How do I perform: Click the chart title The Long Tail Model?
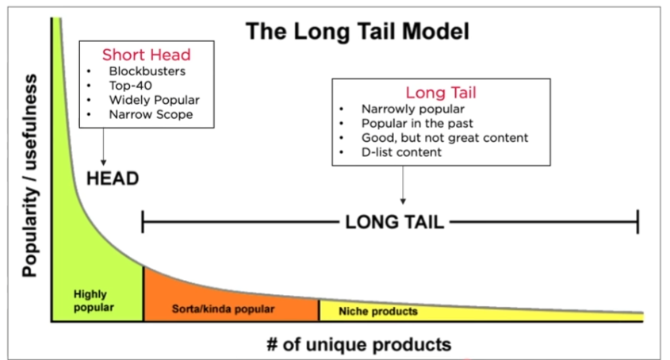point(358,31)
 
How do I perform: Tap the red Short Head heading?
point(146,55)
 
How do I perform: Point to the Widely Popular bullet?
point(154,100)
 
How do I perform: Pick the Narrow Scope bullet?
point(151,114)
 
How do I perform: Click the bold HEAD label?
point(113,178)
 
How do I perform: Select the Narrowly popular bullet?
point(412,109)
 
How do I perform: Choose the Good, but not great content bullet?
point(444,137)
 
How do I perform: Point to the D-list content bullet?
point(401,151)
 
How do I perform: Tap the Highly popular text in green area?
point(94,300)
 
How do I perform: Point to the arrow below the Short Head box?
point(104,146)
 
